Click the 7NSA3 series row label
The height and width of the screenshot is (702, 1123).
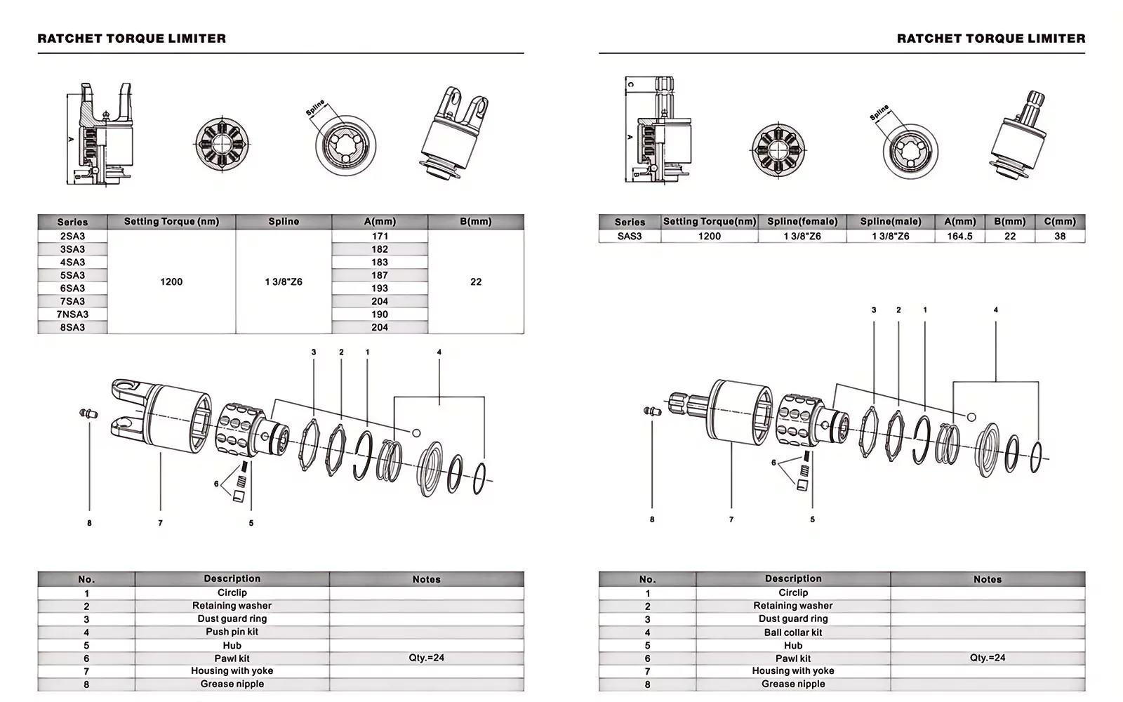[72, 314]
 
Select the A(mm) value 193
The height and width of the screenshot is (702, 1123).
[380, 289]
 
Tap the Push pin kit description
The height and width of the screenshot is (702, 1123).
[232, 632]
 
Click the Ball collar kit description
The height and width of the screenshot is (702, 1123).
[792, 633]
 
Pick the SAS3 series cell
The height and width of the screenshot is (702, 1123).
[629, 237]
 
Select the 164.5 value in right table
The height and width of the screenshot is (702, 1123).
[959, 237]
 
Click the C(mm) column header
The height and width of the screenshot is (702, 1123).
[1059, 221]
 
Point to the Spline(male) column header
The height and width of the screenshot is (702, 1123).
[890, 221]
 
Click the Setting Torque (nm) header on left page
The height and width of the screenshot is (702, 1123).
[171, 221]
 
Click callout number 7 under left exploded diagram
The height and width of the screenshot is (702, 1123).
[160, 523]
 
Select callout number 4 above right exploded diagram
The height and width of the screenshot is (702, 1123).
[995, 310]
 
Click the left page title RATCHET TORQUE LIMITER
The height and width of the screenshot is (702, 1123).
[132, 39]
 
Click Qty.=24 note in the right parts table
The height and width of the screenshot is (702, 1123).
[987, 658]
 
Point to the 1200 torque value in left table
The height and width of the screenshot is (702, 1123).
[171, 282]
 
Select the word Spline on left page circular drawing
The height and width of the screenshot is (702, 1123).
[315, 108]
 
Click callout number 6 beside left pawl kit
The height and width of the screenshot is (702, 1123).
[216, 484]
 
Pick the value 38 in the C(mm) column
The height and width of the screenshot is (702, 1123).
[1059, 237]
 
